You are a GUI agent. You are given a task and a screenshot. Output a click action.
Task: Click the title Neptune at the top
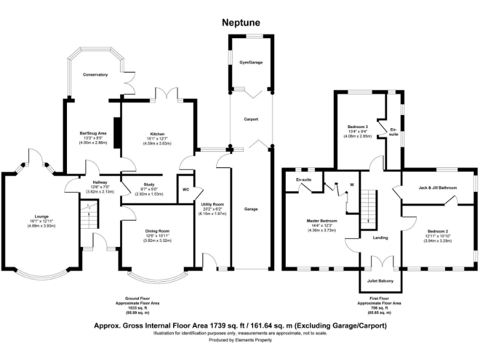241,22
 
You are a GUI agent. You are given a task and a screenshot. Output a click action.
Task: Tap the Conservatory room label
96,74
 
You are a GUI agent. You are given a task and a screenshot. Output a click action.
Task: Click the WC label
186,189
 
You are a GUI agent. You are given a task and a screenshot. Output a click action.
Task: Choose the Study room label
149,184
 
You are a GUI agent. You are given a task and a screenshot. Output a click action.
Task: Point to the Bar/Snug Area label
94,133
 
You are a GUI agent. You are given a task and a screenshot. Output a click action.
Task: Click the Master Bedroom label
321,221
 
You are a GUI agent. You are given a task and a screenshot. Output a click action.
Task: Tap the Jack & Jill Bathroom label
437,187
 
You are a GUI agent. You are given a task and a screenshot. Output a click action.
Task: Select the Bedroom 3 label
358,127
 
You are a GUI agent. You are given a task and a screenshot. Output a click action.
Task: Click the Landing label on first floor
380,237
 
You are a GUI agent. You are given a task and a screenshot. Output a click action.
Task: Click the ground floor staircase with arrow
89,221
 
